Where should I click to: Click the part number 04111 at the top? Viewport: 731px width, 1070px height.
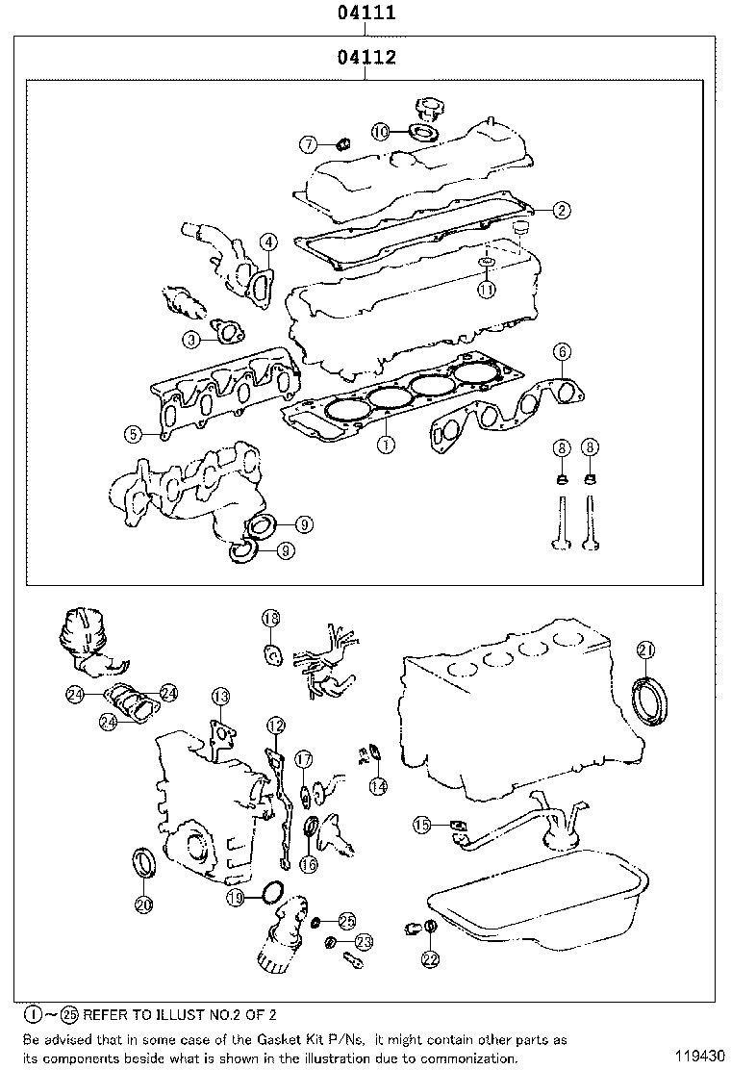coord(365,13)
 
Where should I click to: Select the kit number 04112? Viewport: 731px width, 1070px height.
coord(366,58)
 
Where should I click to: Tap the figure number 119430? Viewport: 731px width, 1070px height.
coord(697,1056)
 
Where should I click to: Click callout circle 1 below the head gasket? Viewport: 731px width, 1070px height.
coord(385,445)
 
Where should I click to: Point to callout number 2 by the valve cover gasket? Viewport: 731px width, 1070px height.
coord(562,208)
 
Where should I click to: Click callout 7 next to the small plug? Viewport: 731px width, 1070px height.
coord(308,144)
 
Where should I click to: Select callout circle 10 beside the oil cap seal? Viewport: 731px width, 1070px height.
coord(381,132)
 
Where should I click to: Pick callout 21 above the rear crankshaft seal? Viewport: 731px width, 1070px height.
coord(645,651)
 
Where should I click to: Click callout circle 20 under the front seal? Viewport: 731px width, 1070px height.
coord(142,904)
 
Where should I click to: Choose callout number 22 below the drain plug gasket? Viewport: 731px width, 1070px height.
coord(430,958)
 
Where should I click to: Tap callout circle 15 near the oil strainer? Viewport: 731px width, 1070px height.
coord(422,824)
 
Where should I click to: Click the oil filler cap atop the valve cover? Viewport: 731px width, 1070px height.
coord(425,109)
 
